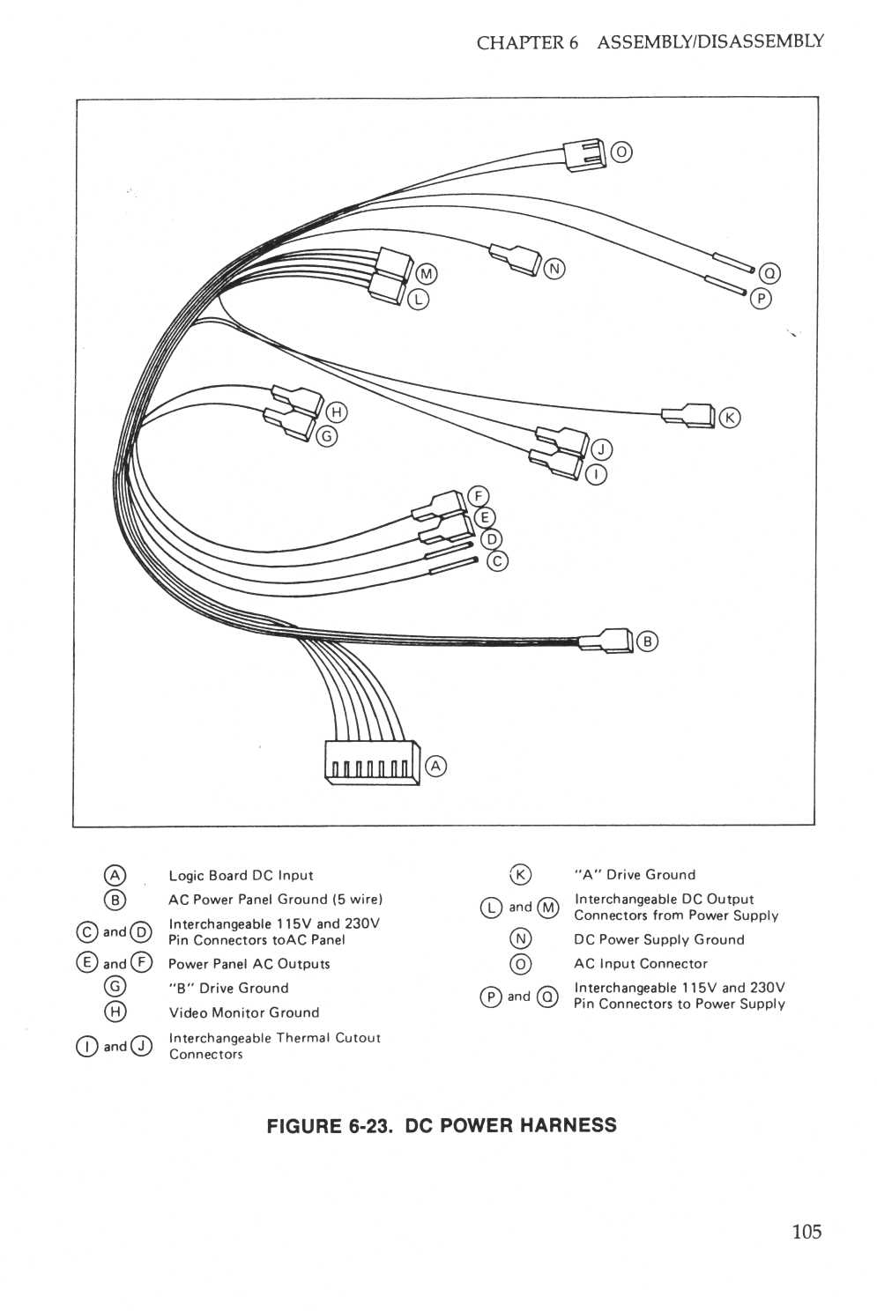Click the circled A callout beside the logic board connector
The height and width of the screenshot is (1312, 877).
click(435, 766)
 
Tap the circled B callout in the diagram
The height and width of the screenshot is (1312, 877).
click(647, 641)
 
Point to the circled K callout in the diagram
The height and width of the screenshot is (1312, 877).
click(730, 417)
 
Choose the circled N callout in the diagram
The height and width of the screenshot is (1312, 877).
click(554, 269)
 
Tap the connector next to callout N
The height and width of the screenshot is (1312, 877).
click(513, 259)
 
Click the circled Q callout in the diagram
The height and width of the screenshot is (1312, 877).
click(769, 273)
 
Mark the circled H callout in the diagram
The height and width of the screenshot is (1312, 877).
click(337, 411)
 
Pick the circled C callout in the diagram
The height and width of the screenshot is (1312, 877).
click(497, 560)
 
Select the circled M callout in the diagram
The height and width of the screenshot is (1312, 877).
click(427, 274)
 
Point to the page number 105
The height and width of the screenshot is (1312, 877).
click(806, 1231)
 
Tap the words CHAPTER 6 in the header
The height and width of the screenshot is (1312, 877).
click(527, 42)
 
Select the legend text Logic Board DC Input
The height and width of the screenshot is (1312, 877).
click(241, 875)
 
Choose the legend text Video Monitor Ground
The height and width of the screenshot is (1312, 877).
click(244, 1012)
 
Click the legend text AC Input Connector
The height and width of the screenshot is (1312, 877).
click(641, 963)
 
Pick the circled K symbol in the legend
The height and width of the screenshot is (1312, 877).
click(521, 874)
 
